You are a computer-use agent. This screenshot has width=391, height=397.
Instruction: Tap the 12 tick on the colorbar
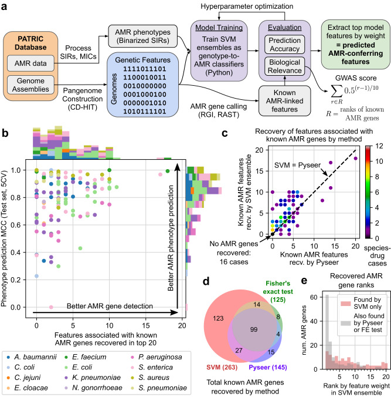[378, 146]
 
